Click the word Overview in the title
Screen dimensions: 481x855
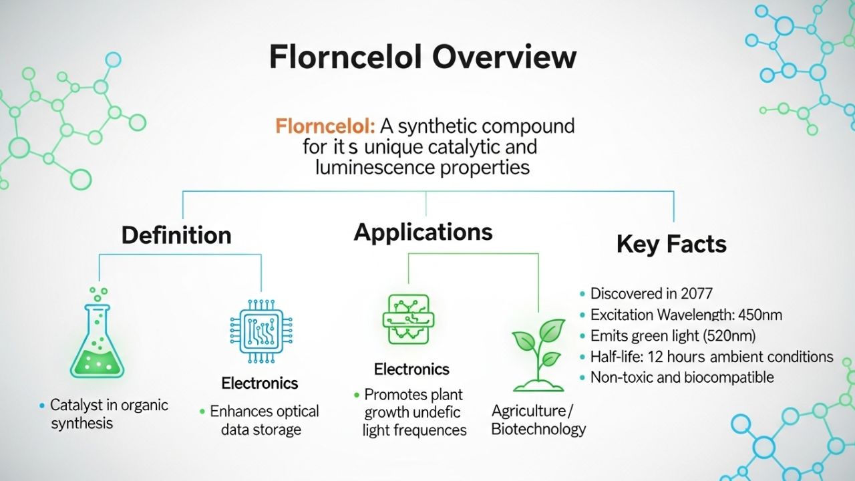click(x=504, y=57)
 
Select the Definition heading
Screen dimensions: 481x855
click(x=176, y=235)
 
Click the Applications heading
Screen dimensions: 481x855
click(x=423, y=232)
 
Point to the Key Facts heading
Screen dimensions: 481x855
click(x=671, y=245)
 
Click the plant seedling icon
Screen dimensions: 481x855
click(x=538, y=355)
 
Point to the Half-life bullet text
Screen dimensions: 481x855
click(x=712, y=357)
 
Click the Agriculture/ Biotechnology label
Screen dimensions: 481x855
click(x=538, y=420)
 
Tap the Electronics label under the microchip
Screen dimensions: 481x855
click(x=260, y=384)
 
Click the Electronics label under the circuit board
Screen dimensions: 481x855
click(x=411, y=369)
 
